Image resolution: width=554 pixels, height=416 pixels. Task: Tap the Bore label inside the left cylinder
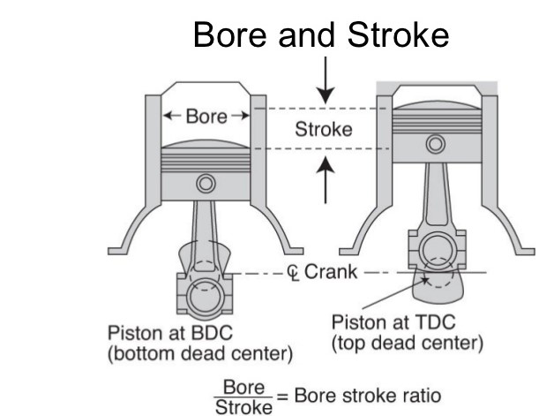click(206, 116)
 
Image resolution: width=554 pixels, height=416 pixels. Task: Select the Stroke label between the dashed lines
click(324, 129)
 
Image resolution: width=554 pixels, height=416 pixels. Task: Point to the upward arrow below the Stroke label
click(326, 178)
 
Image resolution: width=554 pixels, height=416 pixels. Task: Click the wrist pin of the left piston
click(206, 184)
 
